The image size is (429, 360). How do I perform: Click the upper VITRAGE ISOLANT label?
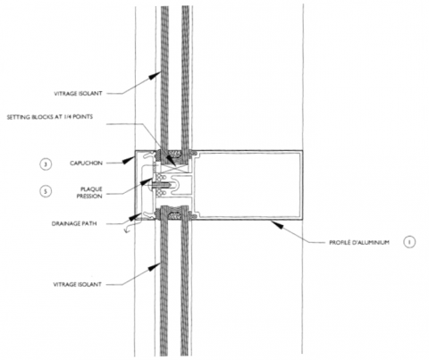tap(78, 94)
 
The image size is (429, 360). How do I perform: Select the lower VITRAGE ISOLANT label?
tap(78, 284)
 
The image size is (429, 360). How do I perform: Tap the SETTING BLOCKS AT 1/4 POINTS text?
tap(50, 117)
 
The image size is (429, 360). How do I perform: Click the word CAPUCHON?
tap(86, 163)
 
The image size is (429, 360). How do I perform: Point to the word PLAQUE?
tap(91, 189)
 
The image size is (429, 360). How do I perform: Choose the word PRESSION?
tap(89, 196)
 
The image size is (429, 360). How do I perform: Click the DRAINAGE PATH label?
tap(74, 223)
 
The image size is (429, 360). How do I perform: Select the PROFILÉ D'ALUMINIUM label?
tap(359, 242)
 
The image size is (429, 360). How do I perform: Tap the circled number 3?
tap(46, 164)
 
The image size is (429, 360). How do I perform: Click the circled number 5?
tap(46, 191)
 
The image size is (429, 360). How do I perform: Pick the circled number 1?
tap(409, 242)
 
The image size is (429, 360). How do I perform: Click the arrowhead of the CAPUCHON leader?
tap(128, 160)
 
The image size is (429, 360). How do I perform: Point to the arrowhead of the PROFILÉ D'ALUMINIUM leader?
tap(276, 224)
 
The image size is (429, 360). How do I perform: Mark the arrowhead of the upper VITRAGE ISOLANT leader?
tap(155, 75)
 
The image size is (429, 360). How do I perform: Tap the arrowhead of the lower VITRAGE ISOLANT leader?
tap(155, 266)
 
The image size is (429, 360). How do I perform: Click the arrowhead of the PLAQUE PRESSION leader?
tap(147, 181)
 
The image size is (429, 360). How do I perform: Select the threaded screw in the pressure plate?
tap(160, 186)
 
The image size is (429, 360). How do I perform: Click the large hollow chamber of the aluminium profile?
tap(248, 185)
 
